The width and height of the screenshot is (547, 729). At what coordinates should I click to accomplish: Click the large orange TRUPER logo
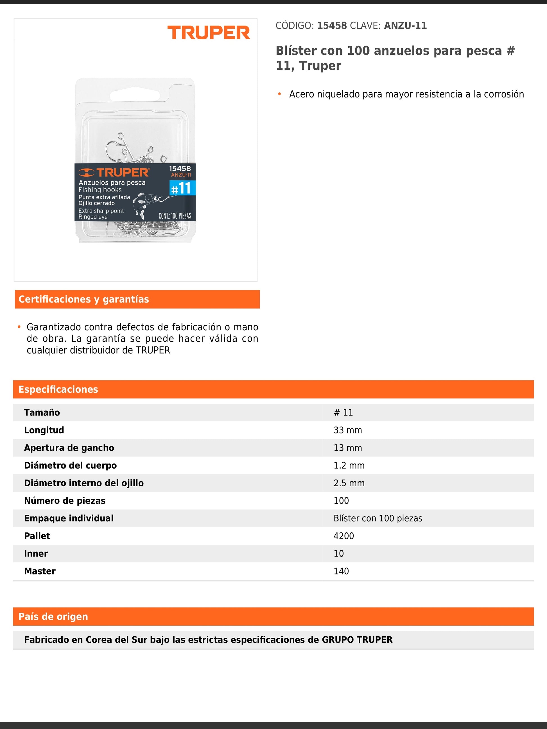point(209,33)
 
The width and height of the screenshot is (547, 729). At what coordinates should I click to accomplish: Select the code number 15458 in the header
point(332,26)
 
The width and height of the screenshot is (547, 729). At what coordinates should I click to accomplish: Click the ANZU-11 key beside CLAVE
point(405,26)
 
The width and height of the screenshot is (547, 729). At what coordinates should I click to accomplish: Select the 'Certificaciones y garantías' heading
point(84,299)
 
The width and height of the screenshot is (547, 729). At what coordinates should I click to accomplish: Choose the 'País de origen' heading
point(53,616)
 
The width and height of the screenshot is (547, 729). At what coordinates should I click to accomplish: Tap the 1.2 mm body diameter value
point(349,465)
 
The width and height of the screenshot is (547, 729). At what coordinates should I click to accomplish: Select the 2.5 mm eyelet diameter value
point(349,483)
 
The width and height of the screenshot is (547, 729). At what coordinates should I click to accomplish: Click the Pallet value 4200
point(343,536)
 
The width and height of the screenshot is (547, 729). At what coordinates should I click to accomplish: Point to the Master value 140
point(341,571)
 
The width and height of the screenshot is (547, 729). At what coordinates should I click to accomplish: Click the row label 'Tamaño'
point(42,413)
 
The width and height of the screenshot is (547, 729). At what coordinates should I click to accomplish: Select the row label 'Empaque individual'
point(69,518)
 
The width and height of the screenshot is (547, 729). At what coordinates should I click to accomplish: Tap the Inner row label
point(36,553)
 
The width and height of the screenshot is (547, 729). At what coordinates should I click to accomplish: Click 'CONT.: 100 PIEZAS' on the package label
point(175,216)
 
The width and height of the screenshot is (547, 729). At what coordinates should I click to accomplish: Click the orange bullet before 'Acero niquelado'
point(279,94)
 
